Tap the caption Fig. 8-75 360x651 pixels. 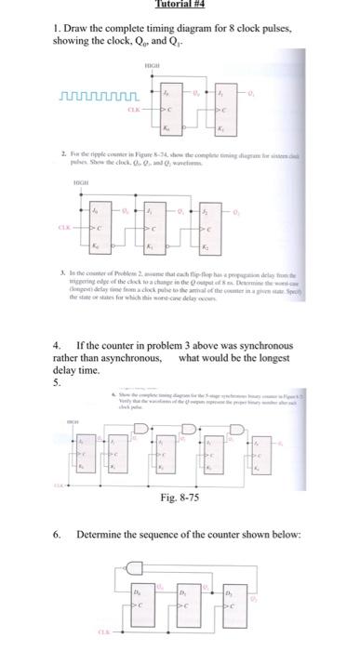pos(180,497)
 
